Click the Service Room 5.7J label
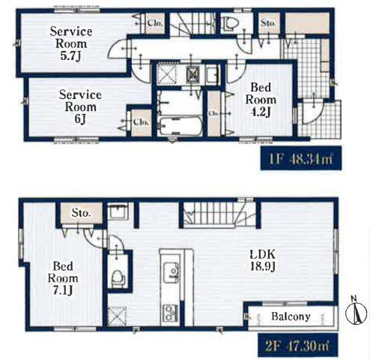point(71,43)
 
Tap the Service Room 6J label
point(80,106)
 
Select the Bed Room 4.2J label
point(261,100)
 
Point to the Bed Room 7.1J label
point(63,278)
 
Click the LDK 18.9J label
point(263,260)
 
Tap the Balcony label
point(291,316)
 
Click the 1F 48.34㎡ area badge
point(301,158)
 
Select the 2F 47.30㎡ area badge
point(297,345)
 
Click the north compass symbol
point(357,311)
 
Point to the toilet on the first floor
point(231,23)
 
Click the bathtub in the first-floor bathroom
point(181,126)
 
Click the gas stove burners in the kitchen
point(170,313)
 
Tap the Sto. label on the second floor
point(81,213)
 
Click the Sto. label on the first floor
point(268,23)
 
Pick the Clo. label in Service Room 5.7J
point(155,23)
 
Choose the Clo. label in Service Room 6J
point(141,122)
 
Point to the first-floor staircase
point(192,24)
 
